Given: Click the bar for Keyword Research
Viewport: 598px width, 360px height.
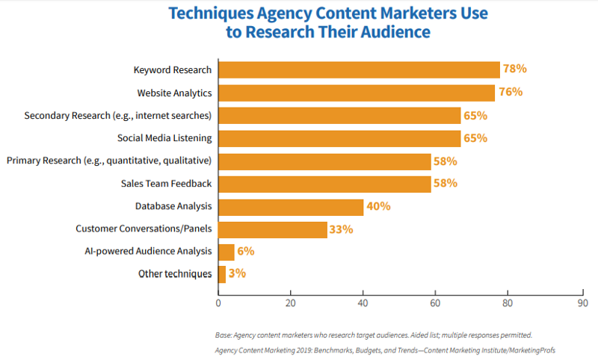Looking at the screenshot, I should tap(359, 70).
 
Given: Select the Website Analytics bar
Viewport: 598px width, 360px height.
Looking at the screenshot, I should tap(357, 93).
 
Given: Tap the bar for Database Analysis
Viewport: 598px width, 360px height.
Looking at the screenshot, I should tap(291, 207).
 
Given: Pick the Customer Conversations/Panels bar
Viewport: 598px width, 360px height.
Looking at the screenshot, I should tap(273, 229).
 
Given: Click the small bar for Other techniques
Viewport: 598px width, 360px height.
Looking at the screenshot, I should tap(222, 274).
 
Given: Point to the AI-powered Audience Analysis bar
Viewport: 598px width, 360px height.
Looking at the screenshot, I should tap(226, 252).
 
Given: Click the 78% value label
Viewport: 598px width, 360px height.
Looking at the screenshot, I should tap(515, 69).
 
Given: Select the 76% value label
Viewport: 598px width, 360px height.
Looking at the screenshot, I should tap(511, 93).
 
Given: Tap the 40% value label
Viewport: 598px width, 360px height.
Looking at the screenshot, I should tap(378, 206).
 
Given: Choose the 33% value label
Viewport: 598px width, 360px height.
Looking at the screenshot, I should tap(342, 229).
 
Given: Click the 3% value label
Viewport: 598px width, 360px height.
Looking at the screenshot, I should tap(238, 274).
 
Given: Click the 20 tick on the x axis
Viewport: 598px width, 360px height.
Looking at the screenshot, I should tap(291, 303).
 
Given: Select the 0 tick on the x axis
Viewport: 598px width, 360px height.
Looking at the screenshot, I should tap(218, 303).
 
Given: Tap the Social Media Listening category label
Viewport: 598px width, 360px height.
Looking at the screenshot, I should tap(164, 138).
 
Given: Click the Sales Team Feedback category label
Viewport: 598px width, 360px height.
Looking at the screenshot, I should tap(166, 184).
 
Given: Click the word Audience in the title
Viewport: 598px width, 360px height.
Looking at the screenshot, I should tap(392, 32).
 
